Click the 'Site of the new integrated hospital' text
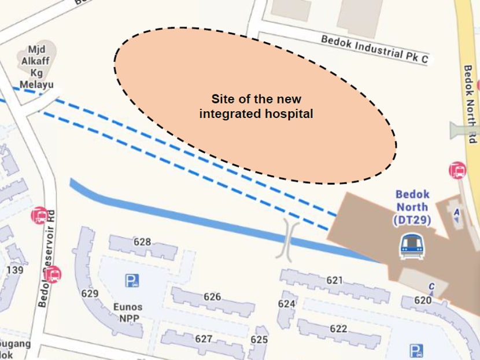pyautogui.click(x=256, y=106)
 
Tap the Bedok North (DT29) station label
pyautogui.click(x=412, y=207)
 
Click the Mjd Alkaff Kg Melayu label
pyautogui.click(x=36, y=67)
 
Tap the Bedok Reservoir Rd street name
pyautogui.click(x=47, y=258)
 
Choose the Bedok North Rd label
pyautogui.click(x=470, y=104)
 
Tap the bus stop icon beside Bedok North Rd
pyautogui.click(x=457, y=170)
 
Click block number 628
pyautogui.click(x=142, y=242)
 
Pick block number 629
pyautogui.click(x=90, y=293)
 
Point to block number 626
pyautogui.click(x=212, y=297)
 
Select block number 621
pyautogui.click(x=334, y=280)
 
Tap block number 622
pyautogui.click(x=338, y=329)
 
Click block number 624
pyautogui.click(x=287, y=303)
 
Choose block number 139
pyautogui.click(x=15, y=270)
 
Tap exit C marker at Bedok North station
pyautogui.click(x=431, y=286)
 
